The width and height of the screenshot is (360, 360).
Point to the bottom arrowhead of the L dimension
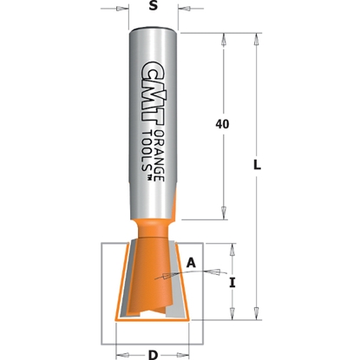[x=258, y=313]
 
